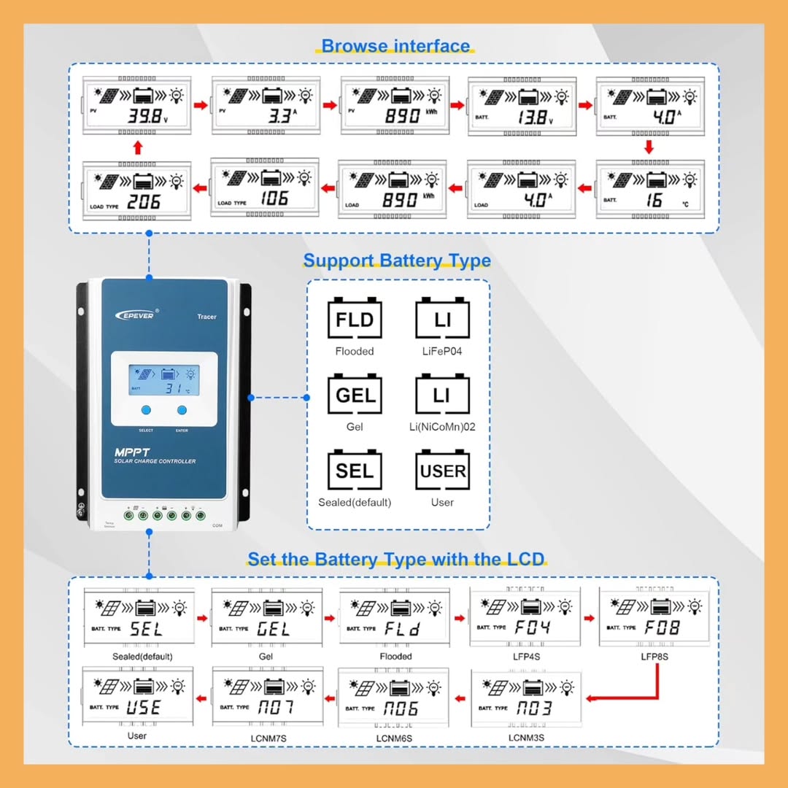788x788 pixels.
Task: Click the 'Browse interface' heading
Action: point(396,46)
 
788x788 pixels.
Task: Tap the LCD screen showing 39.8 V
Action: point(136,106)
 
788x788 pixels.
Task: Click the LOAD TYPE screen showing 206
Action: point(136,190)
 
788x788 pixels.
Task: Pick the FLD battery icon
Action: point(355,319)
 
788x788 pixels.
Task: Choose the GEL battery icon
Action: point(355,395)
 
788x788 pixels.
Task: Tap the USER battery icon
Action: point(442,471)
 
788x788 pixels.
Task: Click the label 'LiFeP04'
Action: point(442,351)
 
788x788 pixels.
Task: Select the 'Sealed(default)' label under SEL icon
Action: point(355,502)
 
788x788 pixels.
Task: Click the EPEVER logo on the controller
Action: point(135,315)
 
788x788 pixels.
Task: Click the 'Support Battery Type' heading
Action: point(397,260)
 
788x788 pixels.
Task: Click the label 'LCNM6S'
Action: point(394,738)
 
